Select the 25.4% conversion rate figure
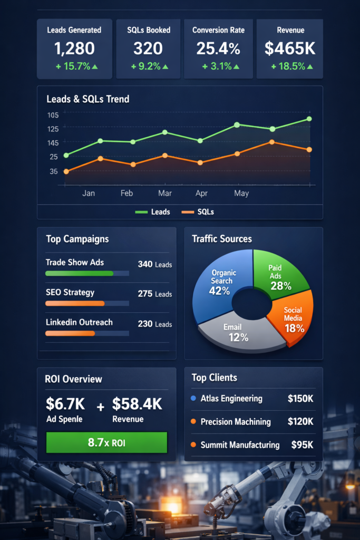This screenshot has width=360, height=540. [218, 49]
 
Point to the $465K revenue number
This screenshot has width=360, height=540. [290, 49]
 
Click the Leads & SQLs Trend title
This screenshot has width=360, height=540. [87, 99]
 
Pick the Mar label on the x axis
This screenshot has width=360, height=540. [165, 194]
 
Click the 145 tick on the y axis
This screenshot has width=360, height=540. [53, 143]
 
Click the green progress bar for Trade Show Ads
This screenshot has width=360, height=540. [79, 274]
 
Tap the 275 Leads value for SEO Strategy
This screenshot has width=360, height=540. [154, 294]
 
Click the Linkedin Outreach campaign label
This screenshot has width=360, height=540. [79, 322]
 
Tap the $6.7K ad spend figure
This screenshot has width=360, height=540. [65, 404]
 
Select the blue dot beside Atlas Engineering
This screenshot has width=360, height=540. [193, 399]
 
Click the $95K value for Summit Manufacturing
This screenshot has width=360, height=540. [302, 445]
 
